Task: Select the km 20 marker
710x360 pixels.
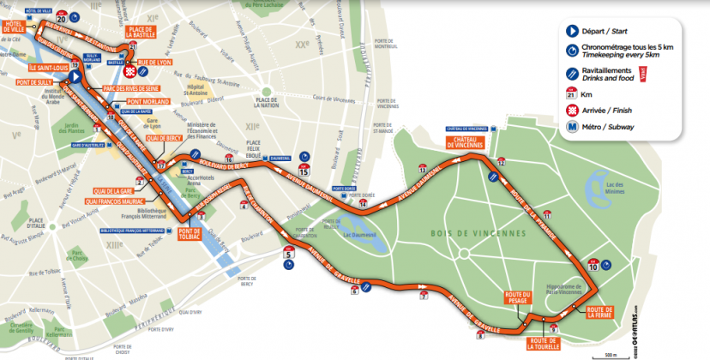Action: pos(61,15)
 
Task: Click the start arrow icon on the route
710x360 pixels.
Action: pos(75,76)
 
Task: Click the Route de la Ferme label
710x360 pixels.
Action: pos(599,313)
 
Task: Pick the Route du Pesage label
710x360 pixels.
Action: pos(519,299)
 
